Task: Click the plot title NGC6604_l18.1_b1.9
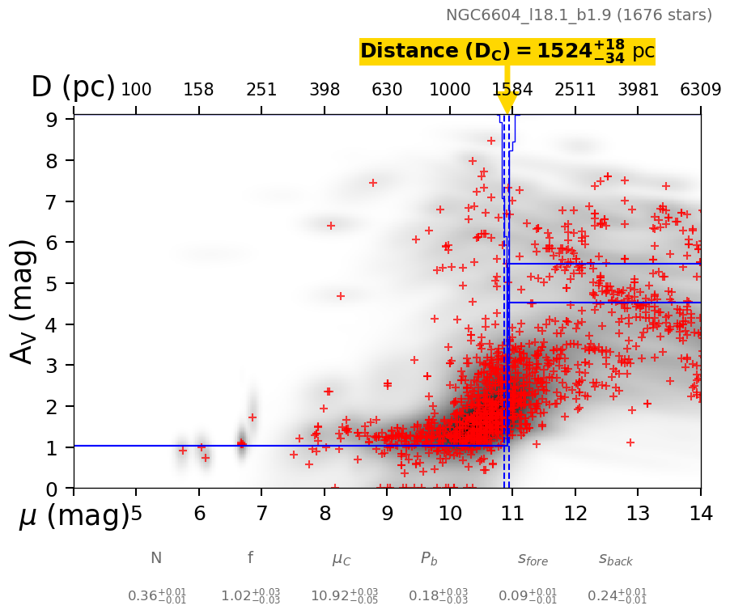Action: pos(579,15)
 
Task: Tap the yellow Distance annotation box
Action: pos(507,51)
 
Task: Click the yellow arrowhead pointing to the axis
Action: pos(507,104)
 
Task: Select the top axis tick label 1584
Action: pos(512,89)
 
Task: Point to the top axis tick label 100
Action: pos(136,89)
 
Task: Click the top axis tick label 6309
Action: pos(700,89)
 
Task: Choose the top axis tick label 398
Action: pos(325,89)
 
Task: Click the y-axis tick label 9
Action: pos(51,119)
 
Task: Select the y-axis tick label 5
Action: pos(51,283)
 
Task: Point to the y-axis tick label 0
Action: pos(51,489)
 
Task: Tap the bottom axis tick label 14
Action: pos(700,513)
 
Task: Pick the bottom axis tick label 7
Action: pos(261,513)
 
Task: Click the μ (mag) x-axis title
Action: pos(74,515)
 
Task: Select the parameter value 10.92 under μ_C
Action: pos(343,596)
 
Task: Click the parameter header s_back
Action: pos(616,559)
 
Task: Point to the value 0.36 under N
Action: pos(156,596)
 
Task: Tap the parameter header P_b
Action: pos(429,559)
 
